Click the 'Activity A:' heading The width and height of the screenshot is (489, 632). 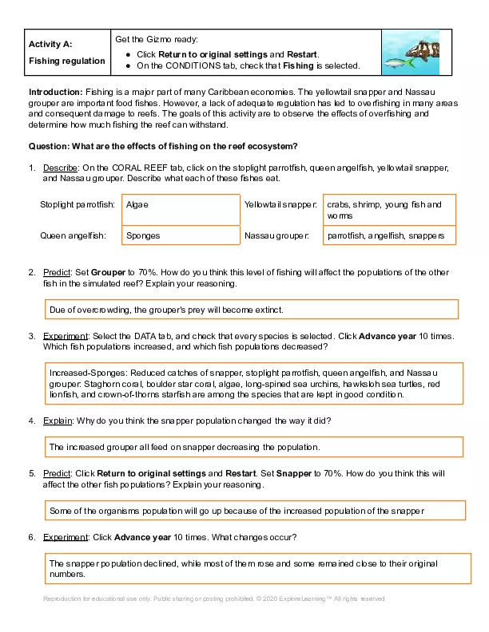coord(50,44)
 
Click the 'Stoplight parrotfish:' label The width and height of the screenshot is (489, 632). coord(78,204)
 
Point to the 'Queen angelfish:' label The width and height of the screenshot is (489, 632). coord(74,235)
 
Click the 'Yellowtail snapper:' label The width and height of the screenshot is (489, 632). coord(280,204)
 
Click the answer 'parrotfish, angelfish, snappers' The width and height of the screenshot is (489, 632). coord(389,235)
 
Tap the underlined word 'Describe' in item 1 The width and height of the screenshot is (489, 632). coord(60,168)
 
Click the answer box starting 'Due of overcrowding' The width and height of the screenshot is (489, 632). coord(251,309)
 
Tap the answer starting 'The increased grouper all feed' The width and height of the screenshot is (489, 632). coord(253,447)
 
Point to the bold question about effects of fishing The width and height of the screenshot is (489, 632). coord(163,146)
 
